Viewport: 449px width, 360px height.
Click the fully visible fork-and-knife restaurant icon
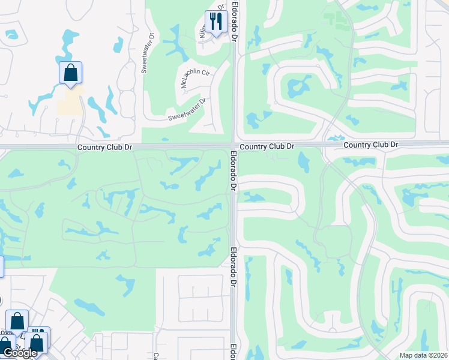pos(215,22)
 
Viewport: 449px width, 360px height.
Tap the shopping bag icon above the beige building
pos(70,73)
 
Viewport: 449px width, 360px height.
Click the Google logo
pos(20,353)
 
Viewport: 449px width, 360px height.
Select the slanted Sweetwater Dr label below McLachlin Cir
pos(187,109)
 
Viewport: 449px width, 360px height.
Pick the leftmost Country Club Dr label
pos(104,147)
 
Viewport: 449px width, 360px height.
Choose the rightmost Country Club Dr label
pos(370,145)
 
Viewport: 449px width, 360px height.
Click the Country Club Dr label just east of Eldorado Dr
pos(267,146)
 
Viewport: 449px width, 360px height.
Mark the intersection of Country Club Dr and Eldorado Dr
pos(233,146)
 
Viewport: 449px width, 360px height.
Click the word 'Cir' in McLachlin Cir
pos(205,72)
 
